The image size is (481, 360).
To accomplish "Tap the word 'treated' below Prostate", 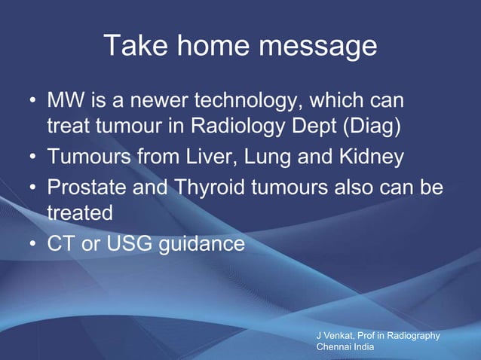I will tap(81, 212).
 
